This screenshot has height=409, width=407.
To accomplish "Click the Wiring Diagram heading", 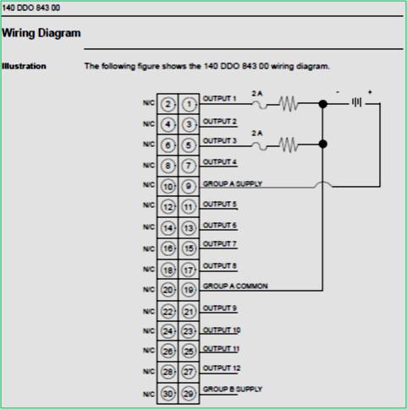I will pos(41,34).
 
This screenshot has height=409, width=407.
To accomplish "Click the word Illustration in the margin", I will pos(24,66).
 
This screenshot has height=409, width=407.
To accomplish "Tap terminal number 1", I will pos(189,104).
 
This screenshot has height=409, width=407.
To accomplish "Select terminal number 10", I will pos(168,185).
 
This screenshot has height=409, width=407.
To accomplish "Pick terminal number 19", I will pos(189,289).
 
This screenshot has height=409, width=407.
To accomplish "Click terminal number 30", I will pos(168,392).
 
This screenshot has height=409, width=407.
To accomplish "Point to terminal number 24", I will pos(168,330).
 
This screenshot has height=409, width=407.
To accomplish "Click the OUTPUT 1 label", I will pos(219,100).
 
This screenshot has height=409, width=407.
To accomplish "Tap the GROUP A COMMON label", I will pos(234,286).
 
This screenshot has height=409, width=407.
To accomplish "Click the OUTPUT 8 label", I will pos(219,264).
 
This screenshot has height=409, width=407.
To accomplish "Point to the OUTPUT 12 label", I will pos(221,368).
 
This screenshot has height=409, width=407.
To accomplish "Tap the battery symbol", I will pos(358,104).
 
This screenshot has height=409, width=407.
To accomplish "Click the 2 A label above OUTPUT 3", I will pos(257,133).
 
